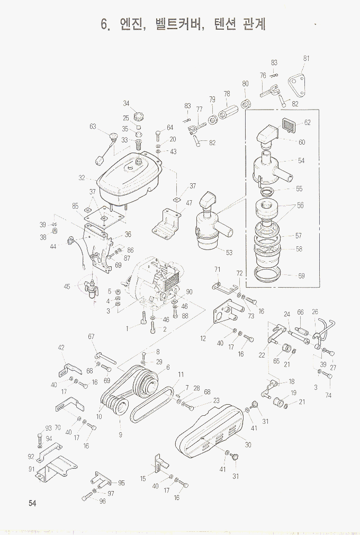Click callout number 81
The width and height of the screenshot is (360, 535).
pyautogui.click(x=307, y=58)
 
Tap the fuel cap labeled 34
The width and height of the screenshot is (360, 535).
pyautogui.click(x=141, y=114)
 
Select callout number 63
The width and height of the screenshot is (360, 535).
pyautogui.click(x=93, y=127)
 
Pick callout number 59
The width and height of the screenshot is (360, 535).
pyautogui.click(x=301, y=276)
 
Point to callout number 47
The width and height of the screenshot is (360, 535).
pyautogui.click(x=189, y=203)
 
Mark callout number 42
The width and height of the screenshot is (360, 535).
pyautogui.click(x=61, y=347)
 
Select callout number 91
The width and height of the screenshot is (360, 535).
pyautogui.click(x=31, y=469)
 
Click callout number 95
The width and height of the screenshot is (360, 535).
pyautogui.click(x=121, y=483)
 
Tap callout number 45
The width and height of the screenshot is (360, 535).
pyautogui.click(x=67, y=287)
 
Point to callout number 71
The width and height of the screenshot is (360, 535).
pyautogui.click(x=217, y=270)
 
